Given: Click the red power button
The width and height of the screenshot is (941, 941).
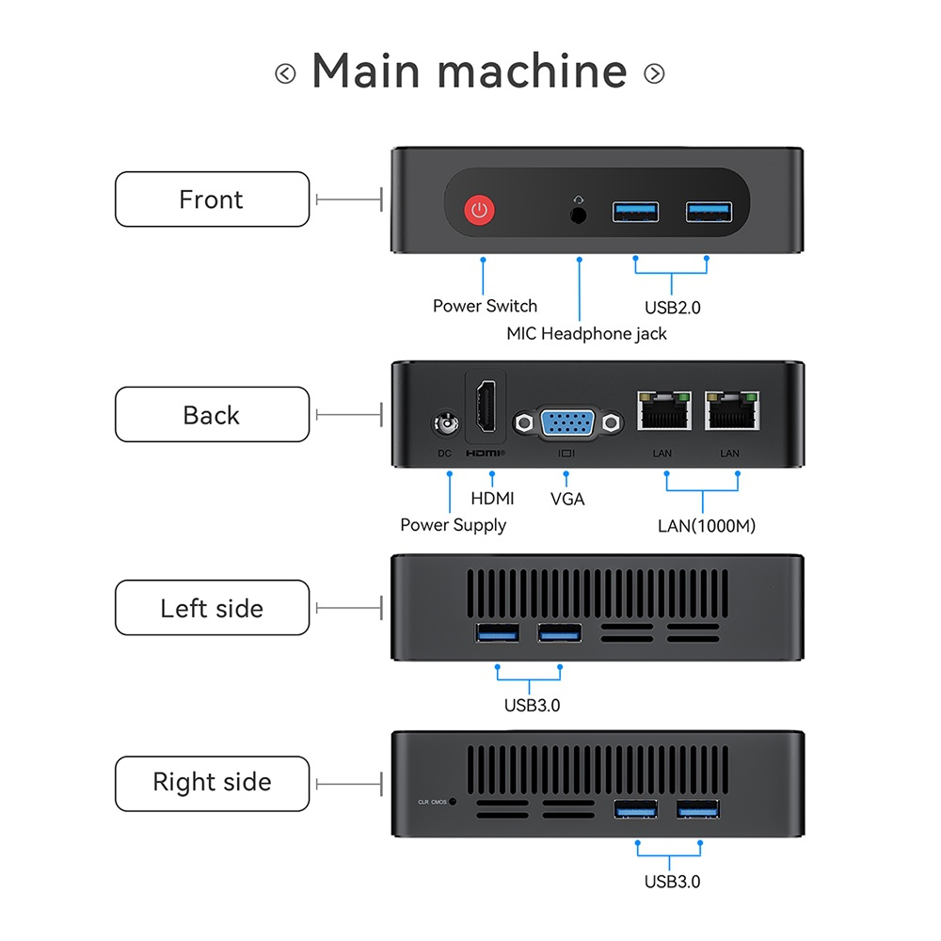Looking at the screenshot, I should (480, 210).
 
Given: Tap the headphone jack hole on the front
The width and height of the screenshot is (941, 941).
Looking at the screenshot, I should (580, 214).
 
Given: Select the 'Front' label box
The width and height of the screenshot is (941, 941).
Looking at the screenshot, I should (212, 199).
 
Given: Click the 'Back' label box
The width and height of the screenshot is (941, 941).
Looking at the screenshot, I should (212, 415).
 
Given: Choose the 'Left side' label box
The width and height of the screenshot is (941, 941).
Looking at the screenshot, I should (212, 608).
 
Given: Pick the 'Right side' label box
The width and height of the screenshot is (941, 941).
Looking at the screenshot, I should (212, 783).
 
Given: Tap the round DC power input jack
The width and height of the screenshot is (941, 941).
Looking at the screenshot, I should (445, 426).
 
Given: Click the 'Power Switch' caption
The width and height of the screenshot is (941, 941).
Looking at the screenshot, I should (485, 306).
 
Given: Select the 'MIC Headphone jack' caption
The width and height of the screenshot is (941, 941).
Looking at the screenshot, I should (586, 333).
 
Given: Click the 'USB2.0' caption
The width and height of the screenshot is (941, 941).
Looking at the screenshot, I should (672, 307).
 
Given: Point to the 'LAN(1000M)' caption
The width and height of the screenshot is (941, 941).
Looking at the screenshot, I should (706, 525).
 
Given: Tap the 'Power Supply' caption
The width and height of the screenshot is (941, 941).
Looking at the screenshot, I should (453, 525).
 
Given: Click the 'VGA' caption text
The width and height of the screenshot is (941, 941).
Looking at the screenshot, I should (567, 499).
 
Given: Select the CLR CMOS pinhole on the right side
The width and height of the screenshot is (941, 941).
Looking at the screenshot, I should (455, 802).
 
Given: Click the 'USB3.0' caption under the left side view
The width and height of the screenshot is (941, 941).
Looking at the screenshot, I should (532, 705).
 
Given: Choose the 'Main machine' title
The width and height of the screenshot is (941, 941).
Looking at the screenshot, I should (470, 72).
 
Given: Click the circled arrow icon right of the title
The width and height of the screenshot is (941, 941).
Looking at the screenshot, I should (654, 73).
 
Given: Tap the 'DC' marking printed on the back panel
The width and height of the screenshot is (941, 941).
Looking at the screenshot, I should (445, 454).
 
